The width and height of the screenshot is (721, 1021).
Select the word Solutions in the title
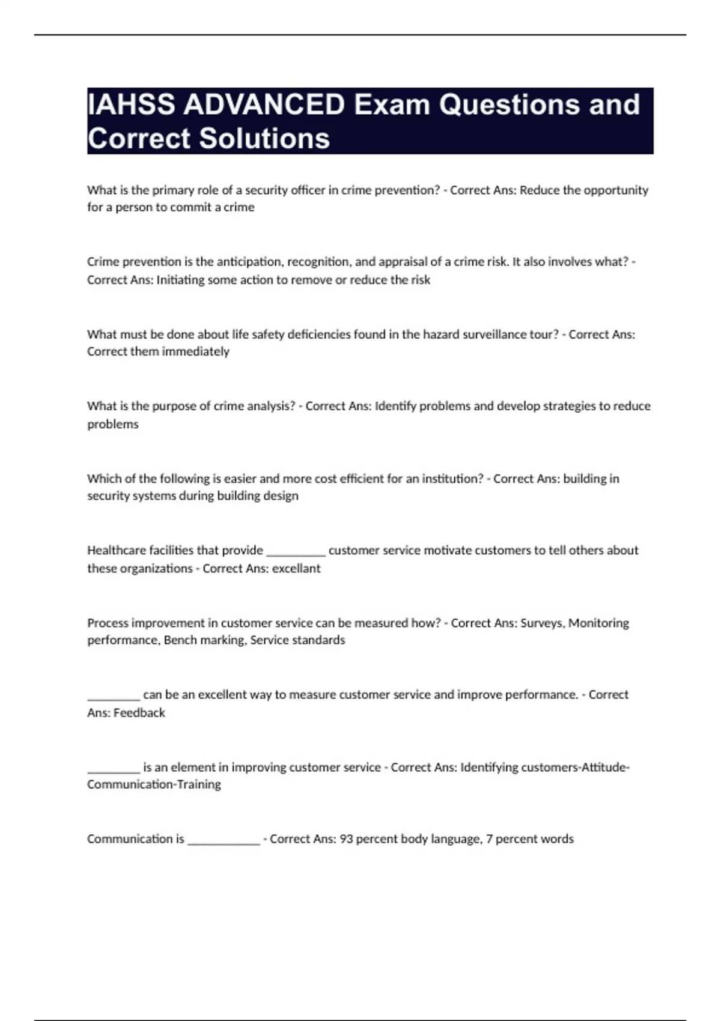pyautogui.click(x=264, y=138)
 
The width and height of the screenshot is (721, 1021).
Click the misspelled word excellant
pyautogui.click(x=296, y=569)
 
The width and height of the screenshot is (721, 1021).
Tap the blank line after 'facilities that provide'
pyautogui.click(x=296, y=553)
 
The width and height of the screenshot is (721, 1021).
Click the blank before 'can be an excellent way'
pyautogui.click(x=114, y=697)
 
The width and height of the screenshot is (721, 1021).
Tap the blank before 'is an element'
pyautogui.click(x=114, y=769)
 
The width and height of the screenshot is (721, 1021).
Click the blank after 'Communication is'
pyautogui.click(x=224, y=841)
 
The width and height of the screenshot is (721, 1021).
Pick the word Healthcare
pyautogui.click(x=114, y=551)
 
